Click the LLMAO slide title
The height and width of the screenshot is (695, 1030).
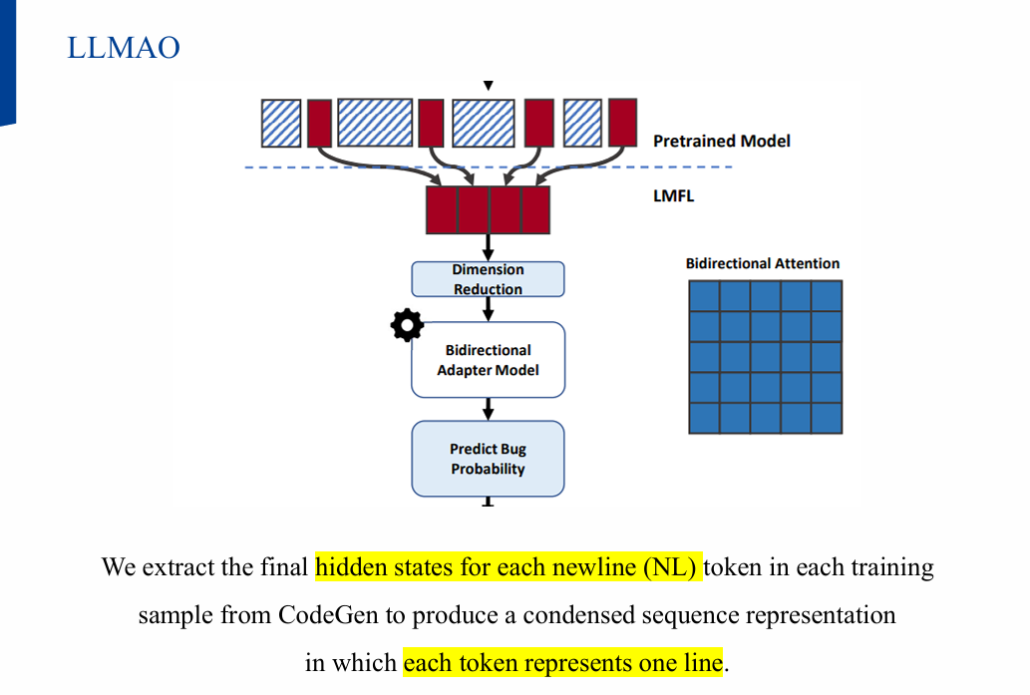click(x=124, y=47)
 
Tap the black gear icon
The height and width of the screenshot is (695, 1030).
click(x=406, y=325)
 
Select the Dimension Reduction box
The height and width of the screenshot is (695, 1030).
click(x=488, y=279)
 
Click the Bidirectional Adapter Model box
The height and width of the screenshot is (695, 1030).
click(x=488, y=360)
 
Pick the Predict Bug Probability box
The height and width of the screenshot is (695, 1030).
click(x=488, y=459)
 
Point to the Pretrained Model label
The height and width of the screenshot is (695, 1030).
click(x=721, y=142)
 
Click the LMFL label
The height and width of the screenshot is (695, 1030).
click(x=673, y=196)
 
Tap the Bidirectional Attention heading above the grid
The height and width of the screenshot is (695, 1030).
click(x=763, y=263)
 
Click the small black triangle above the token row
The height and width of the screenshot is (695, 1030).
click(x=489, y=86)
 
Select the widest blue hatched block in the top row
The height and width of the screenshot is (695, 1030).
click(x=375, y=123)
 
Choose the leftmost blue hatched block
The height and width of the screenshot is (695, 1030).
click(x=280, y=123)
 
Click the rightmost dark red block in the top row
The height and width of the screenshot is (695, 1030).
click(x=622, y=122)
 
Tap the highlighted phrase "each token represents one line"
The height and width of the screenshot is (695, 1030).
click(x=562, y=663)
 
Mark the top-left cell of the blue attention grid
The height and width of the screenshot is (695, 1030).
click(x=704, y=296)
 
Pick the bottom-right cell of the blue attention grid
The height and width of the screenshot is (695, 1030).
click(x=827, y=418)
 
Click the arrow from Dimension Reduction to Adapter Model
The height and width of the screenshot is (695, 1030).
click(x=489, y=309)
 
